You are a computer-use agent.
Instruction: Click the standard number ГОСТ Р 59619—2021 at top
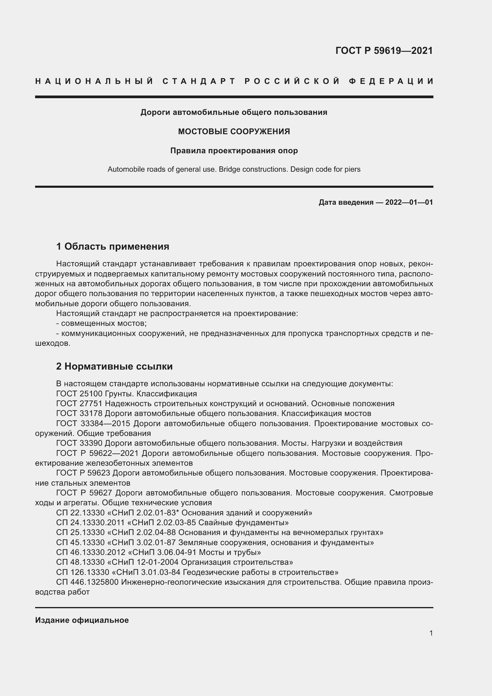coord(384,51)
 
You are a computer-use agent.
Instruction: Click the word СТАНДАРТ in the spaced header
coord(199,81)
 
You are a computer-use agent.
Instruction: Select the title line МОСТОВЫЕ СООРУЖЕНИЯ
coord(234,132)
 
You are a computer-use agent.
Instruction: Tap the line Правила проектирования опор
coord(234,151)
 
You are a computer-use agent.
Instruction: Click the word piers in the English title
coord(352,169)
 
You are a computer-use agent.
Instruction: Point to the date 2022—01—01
coord(409,202)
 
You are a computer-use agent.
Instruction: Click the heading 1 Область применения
coord(112,246)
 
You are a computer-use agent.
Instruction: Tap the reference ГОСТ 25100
coord(79,394)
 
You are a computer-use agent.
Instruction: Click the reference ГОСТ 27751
coord(79,403)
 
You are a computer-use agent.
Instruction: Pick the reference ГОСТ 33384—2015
coord(93,423)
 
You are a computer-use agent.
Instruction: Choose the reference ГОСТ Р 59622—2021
coord(97,453)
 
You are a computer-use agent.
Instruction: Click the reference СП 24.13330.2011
coord(90,523)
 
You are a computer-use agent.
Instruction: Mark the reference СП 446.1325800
coord(87,582)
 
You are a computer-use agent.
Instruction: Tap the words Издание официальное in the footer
coord(82,620)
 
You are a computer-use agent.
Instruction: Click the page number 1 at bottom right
coord(431,633)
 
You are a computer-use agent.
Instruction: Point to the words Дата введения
coord(346,202)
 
